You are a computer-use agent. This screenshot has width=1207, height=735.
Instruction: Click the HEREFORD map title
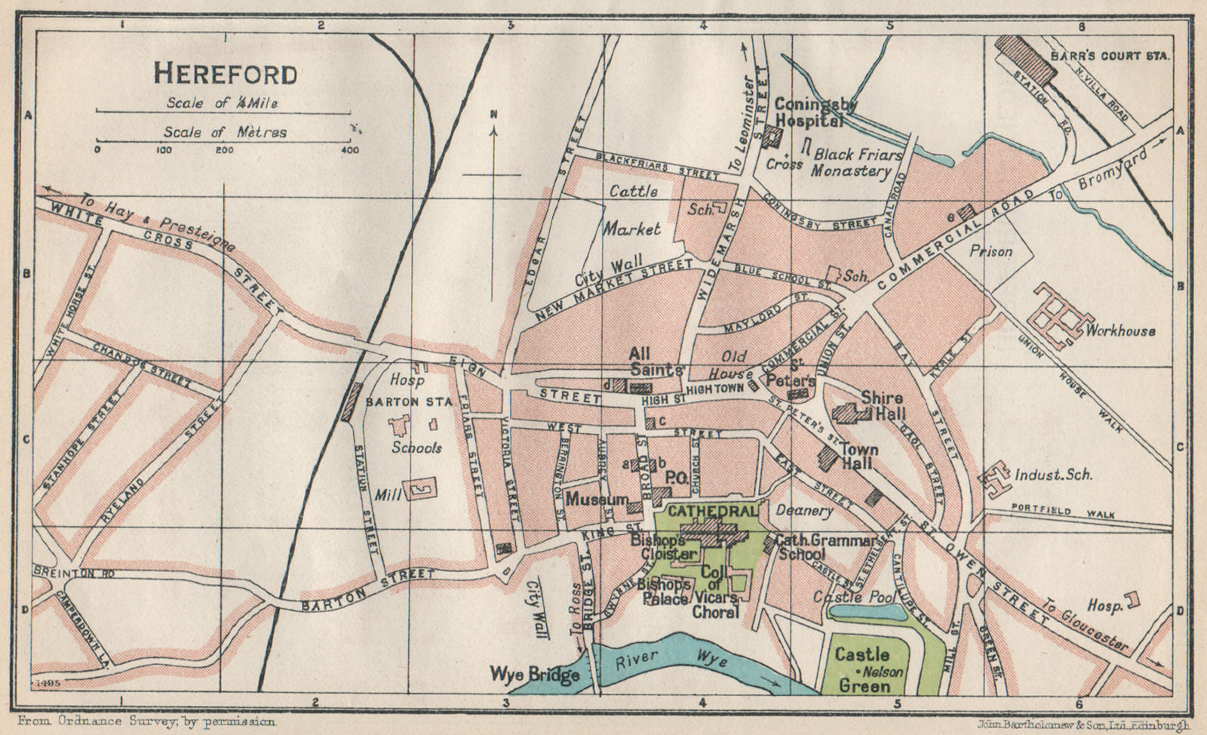click(x=225, y=74)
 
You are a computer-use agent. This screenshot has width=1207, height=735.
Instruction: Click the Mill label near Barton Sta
click(x=385, y=495)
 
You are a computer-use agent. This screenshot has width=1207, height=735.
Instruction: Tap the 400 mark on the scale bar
click(x=350, y=149)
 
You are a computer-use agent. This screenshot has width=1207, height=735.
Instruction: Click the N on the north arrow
click(x=493, y=115)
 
